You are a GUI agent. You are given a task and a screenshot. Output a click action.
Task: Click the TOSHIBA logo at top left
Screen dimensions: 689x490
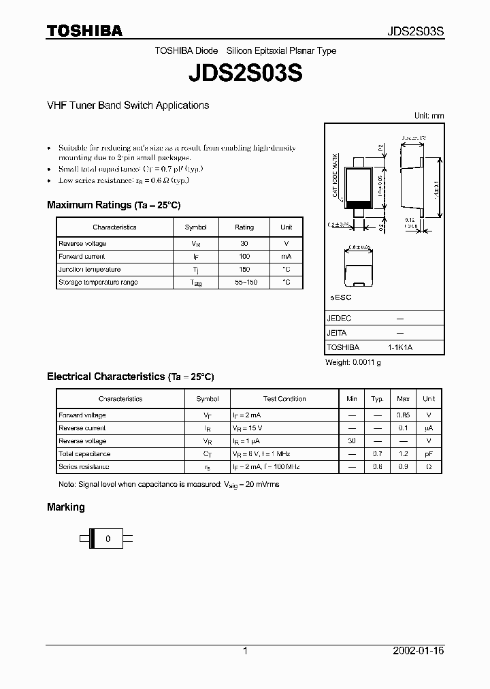(84, 31)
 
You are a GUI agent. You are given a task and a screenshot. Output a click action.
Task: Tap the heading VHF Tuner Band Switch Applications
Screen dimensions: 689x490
(128, 106)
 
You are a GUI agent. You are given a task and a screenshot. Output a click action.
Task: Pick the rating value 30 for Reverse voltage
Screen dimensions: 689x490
(244, 244)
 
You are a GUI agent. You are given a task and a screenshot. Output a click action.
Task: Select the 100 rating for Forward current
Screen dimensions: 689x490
(244, 257)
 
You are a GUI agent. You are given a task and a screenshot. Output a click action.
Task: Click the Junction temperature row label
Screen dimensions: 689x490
(89, 270)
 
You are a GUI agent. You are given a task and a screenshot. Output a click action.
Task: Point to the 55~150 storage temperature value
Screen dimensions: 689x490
(244, 283)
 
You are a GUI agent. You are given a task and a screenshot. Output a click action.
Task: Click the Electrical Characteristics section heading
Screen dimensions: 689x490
(130, 376)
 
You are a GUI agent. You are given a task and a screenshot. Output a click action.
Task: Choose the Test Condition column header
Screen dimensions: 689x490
(284, 399)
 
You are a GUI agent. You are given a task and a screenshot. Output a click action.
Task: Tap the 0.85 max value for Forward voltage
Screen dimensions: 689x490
(403, 415)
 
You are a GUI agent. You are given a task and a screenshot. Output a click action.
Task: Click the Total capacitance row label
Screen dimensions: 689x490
(84, 454)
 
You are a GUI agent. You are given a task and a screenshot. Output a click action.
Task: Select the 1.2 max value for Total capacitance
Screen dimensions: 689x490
(403, 454)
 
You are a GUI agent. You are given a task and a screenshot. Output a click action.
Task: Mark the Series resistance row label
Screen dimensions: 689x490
(84, 467)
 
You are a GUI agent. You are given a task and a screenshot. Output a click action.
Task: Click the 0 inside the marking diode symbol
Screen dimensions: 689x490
(108, 539)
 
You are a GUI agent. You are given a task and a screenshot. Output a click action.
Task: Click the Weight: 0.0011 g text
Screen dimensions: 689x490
(353, 363)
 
